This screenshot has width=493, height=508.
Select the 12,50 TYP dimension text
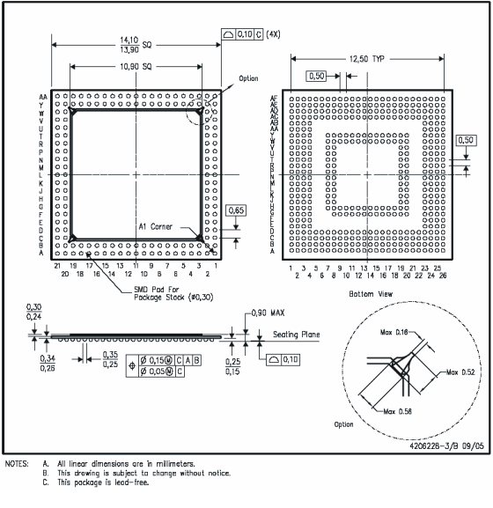[367, 58]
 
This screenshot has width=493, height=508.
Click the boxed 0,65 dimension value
[235, 210]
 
